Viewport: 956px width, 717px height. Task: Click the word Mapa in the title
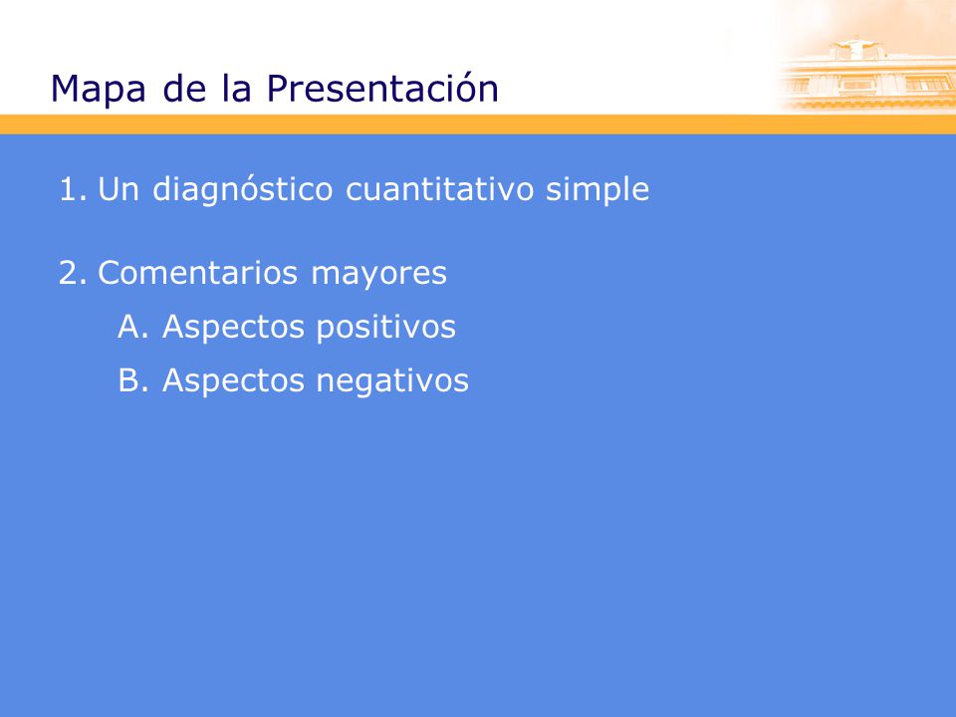(99, 90)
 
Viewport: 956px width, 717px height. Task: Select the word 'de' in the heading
(185, 88)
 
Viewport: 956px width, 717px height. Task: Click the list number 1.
(73, 189)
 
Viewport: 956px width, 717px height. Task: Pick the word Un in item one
(119, 189)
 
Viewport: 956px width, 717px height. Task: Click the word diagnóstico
(243, 189)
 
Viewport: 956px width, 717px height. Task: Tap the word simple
(597, 190)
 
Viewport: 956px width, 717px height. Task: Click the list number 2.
(73, 273)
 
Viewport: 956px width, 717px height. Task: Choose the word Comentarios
(197, 273)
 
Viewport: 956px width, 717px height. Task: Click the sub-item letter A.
(132, 327)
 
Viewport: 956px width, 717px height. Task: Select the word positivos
(386, 328)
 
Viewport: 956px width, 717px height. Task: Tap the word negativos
(392, 381)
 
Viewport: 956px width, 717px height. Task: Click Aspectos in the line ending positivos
(233, 328)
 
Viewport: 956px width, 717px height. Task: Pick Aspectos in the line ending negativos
(233, 381)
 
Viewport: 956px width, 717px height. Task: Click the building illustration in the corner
(865, 72)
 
